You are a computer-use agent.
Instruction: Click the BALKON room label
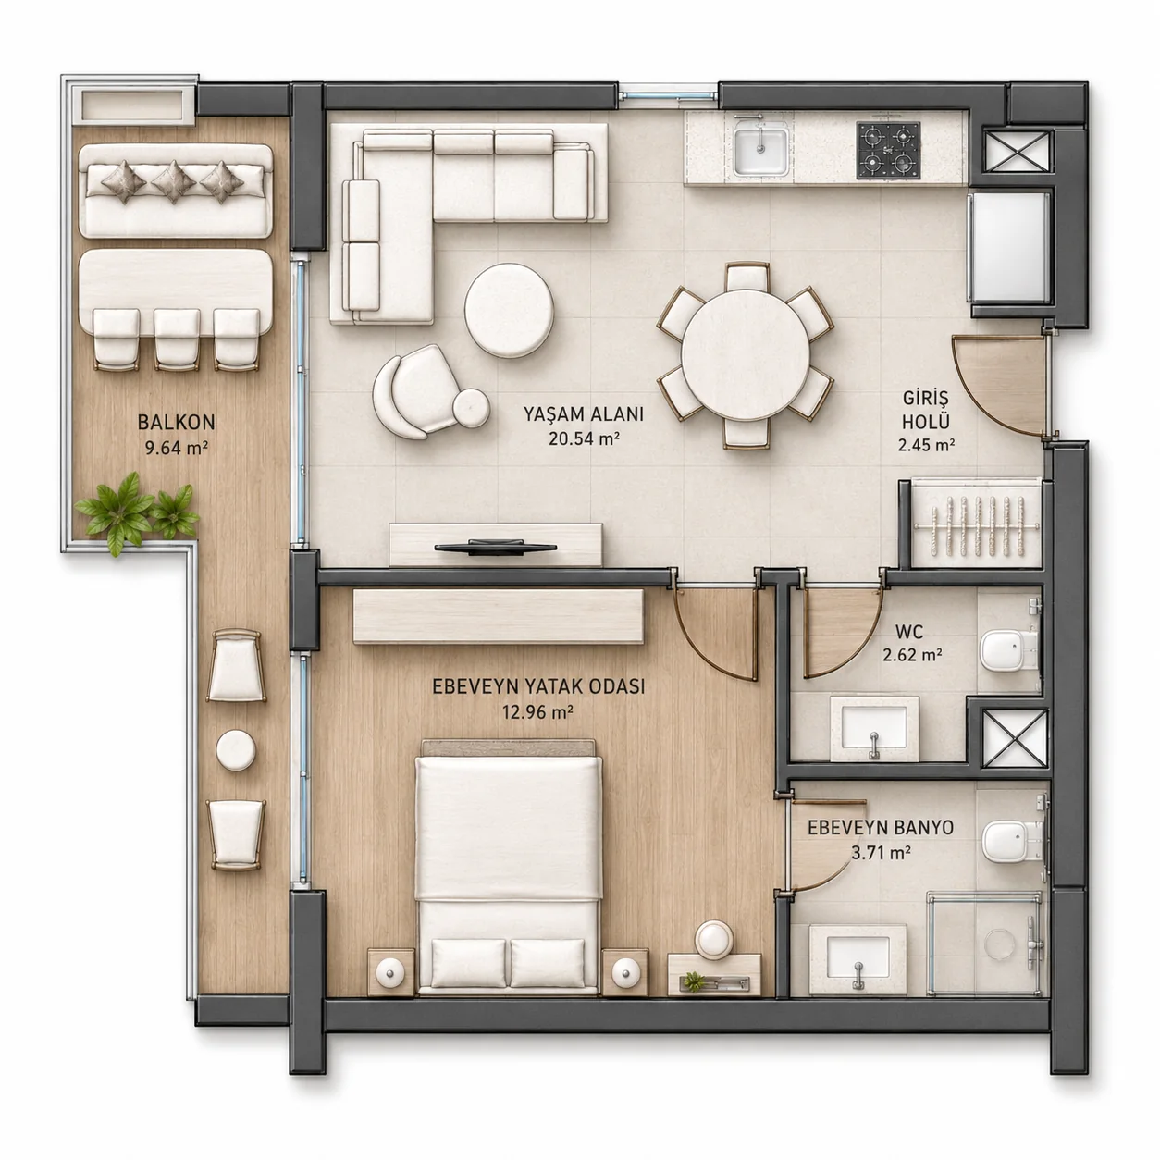click(x=176, y=422)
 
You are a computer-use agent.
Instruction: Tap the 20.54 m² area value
click(x=584, y=438)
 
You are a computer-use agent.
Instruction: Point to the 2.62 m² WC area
click(x=913, y=654)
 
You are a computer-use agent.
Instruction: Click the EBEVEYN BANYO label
click(x=880, y=828)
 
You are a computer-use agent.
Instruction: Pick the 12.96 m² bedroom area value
click(x=537, y=712)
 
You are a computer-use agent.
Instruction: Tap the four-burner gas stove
click(x=888, y=150)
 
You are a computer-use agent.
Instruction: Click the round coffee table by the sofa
click(x=509, y=310)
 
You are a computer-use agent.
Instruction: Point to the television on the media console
click(x=495, y=547)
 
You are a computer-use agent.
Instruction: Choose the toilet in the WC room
click(x=1007, y=650)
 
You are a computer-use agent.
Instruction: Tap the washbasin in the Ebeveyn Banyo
click(x=858, y=960)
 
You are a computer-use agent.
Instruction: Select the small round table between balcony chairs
click(x=235, y=749)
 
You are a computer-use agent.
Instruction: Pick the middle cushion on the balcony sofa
click(x=173, y=181)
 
